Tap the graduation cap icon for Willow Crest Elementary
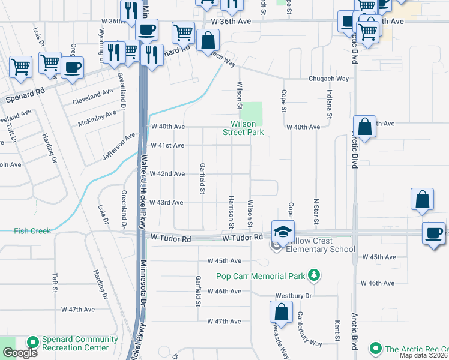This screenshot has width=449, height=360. (x=283, y=230)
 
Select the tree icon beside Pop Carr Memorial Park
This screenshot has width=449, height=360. (x=313, y=275)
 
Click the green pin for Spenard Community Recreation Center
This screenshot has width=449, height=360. (x=32, y=341)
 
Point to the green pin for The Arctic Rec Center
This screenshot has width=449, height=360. (x=376, y=348)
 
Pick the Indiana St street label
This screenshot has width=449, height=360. (x=329, y=103)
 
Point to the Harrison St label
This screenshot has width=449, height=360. (x=231, y=211)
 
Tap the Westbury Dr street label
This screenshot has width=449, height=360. (x=294, y=296)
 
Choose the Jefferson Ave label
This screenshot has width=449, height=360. (x=119, y=146)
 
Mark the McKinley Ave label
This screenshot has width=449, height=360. (x=97, y=118)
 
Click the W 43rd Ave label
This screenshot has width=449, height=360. (x=167, y=202)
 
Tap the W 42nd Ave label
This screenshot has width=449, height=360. (x=167, y=173)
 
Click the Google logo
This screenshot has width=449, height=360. (x=20, y=353)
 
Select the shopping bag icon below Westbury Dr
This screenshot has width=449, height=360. (x=280, y=312)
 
